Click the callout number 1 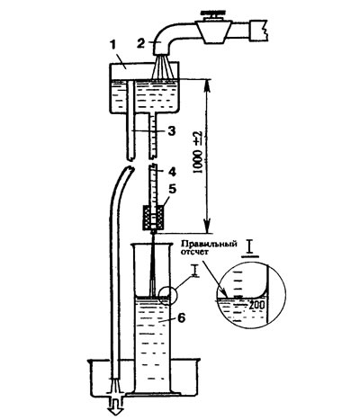(112, 47)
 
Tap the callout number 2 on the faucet (141, 43)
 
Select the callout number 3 (171, 131)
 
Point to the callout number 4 (172, 172)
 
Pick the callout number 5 (171, 189)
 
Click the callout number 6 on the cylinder (182, 318)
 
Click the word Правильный (209, 244)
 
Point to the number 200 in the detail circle (256, 305)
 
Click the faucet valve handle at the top (213, 13)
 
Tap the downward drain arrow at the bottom (115, 406)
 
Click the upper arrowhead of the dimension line (207, 86)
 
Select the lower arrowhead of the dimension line (207, 226)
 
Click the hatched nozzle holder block (153, 217)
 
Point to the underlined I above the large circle (250, 249)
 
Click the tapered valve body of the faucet (213, 31)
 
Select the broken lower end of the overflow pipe (130, 157)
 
